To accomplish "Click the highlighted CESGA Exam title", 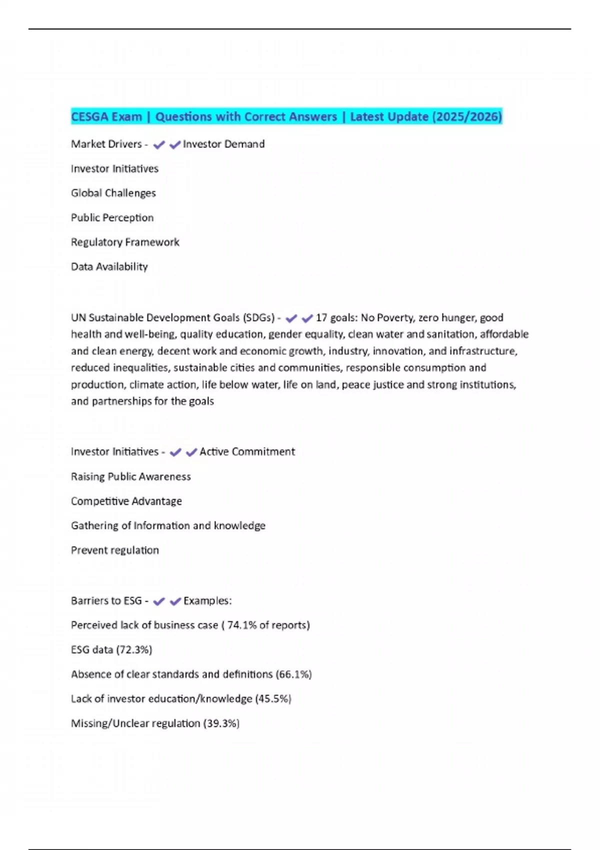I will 286,116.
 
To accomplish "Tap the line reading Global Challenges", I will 113,193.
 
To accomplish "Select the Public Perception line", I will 112,217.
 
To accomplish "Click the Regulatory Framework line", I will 125,242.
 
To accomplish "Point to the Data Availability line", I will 109,266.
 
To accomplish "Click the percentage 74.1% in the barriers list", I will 242,625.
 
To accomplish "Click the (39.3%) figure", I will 221,723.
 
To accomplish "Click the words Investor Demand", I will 223,144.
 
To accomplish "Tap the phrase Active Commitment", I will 247,451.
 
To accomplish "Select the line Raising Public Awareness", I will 131,476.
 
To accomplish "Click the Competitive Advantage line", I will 126,501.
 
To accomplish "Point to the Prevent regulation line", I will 115,550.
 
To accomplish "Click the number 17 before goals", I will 321,317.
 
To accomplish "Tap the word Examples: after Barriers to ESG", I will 207,600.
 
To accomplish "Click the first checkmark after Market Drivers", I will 159,145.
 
